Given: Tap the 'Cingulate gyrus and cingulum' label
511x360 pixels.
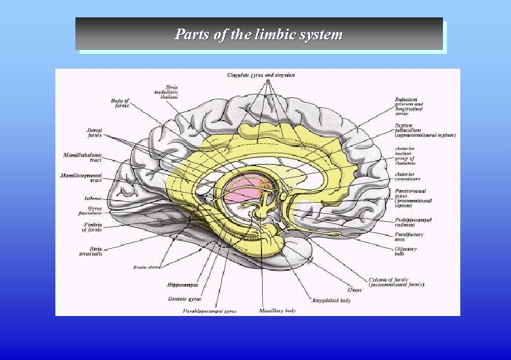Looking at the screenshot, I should [x=262, y=75].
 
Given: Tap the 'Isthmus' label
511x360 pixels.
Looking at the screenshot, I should [x=93, y=197].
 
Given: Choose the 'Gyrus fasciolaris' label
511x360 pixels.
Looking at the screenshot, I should [x=90, y=211].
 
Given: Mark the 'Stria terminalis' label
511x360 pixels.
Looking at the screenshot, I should [x=89, y=251].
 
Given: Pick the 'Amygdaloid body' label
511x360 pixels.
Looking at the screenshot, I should [x=331, y=300].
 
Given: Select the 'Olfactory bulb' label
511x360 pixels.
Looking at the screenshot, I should [x=405, y=251].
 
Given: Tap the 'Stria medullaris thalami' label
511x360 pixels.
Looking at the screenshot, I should [x=171, y=92].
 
